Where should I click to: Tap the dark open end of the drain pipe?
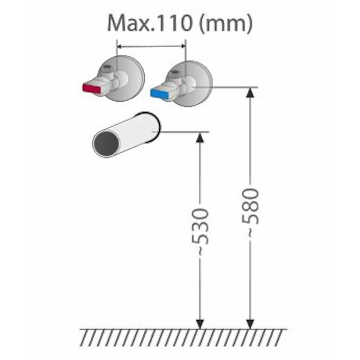click(107, 144)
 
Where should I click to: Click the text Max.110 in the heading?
click(149, 23)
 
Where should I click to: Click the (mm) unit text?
click(226, 24)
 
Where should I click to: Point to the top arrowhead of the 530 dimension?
click(200, 137)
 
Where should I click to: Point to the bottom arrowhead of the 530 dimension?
click(200, 324)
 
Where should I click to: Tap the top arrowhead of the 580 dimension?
click(250, 92)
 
